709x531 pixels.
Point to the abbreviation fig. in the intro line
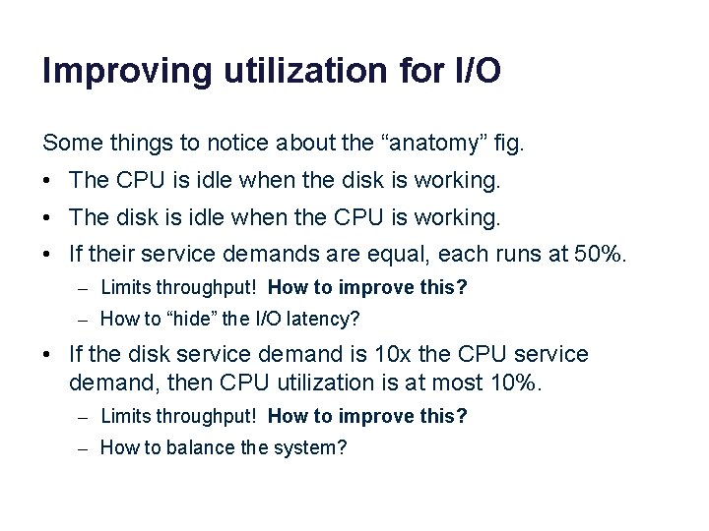click(x=511, y=144)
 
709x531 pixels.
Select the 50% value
click(x=600, y=254)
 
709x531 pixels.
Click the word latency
click(x=322, y=318)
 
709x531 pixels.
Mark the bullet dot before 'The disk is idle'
click(x=48, y=217)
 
